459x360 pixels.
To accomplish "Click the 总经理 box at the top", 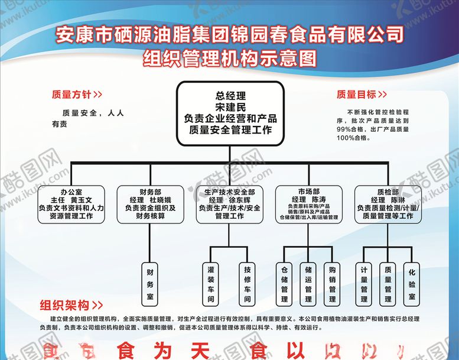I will pos(230,113).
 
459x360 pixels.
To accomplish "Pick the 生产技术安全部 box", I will pos(229,205).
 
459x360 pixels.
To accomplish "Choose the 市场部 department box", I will pos(308,205).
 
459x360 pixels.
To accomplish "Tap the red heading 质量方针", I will pos(71,94).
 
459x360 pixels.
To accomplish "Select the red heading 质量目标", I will pos(356,94).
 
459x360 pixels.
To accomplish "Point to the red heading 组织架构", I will pos(65,306).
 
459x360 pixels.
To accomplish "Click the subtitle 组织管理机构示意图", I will pos(230,59).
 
